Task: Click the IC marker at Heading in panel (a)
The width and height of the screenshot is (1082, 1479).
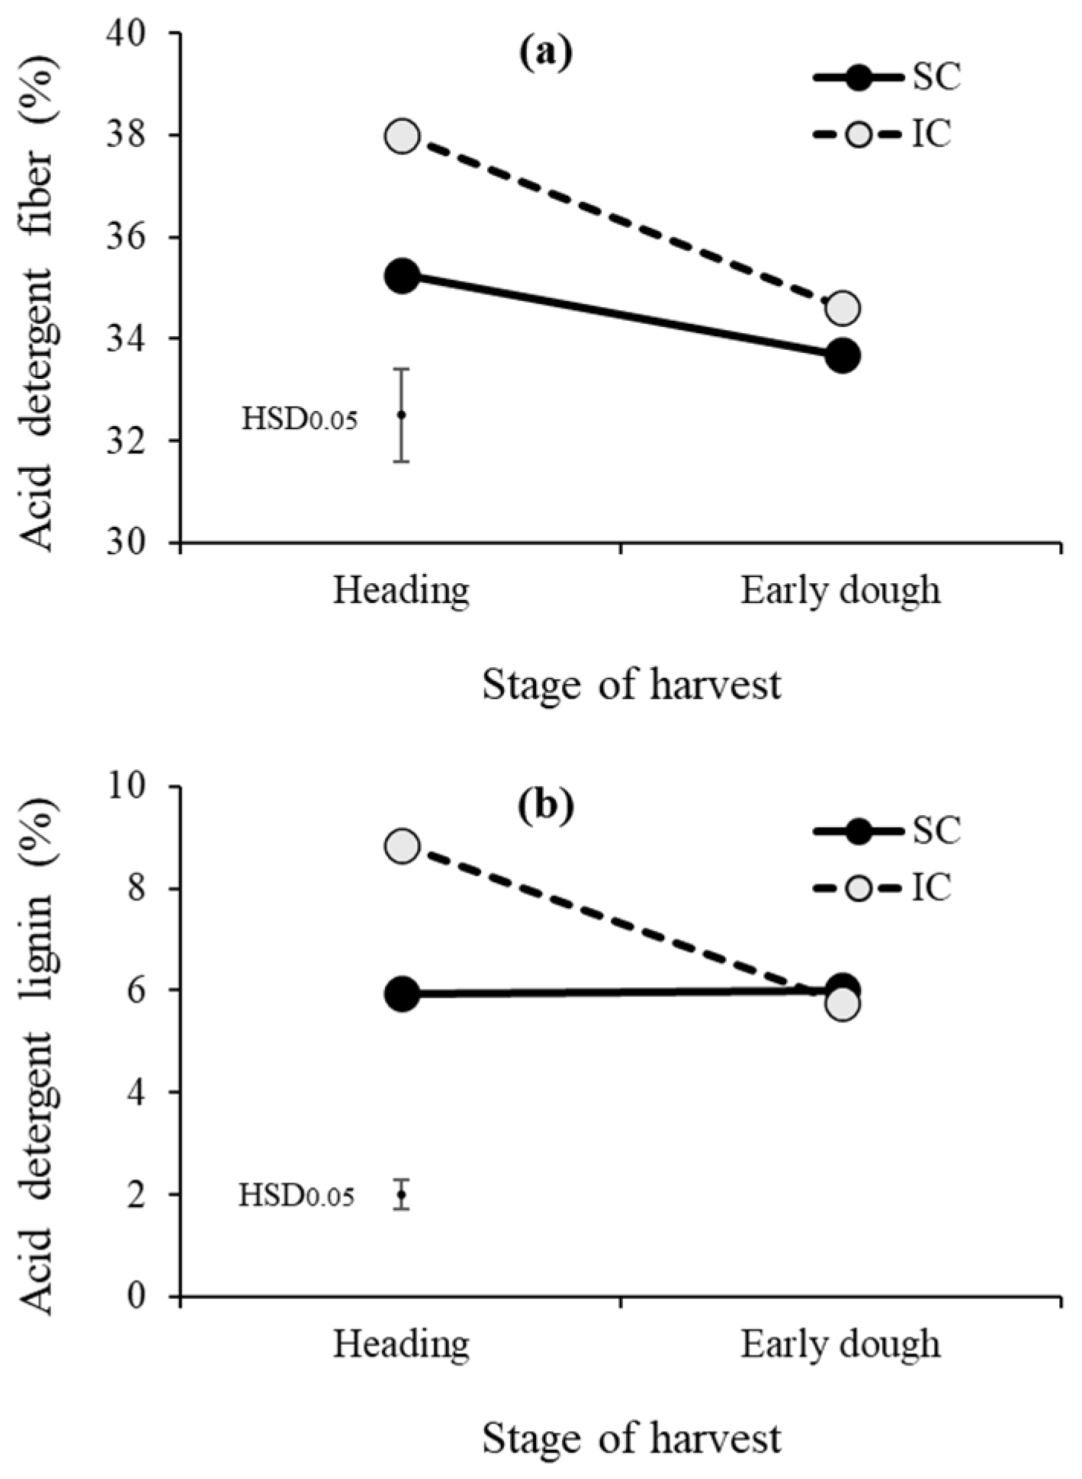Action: (x=403, y=137)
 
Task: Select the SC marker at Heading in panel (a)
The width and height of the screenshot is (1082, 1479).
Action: (x=403, y=277)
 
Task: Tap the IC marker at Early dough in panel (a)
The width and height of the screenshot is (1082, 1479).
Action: (x=843, y=308)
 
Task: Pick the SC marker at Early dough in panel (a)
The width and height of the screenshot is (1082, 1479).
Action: (x=843, y=355)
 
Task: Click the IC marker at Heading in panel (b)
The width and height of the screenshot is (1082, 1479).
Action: (x=403, y=846)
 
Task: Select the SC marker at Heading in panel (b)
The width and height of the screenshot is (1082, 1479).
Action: (x=403, y=995)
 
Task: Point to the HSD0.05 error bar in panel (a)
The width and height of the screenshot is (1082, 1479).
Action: (x=402, y=415)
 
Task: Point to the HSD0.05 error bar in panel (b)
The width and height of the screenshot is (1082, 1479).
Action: (x=402, y=1195)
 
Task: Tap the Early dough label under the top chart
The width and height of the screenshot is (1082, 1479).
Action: (x=840, y=592)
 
